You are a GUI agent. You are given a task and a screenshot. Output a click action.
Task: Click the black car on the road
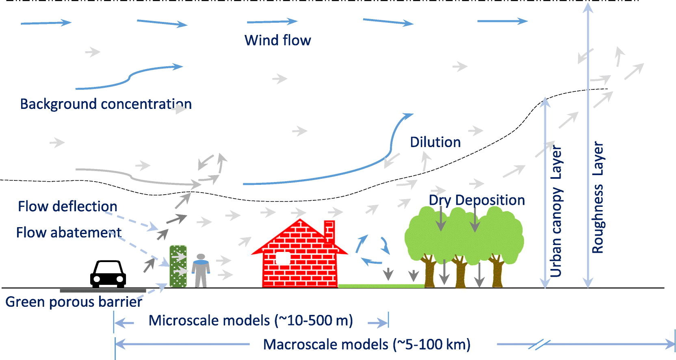(x=108, y=274)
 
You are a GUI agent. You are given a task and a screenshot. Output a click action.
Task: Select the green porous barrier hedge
(x=178, y=267)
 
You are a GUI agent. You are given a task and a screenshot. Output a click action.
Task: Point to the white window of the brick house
(x=283, y=258)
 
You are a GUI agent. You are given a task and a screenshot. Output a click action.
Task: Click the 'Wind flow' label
(x=277, y=40)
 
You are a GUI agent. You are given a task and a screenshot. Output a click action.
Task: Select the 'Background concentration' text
(x=106, y=104)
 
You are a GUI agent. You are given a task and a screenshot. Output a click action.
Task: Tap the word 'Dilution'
(x=435, y=142)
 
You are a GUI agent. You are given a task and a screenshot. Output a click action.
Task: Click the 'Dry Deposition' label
(x=477, y=200)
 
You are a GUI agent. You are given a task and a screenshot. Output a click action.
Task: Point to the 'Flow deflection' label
(x=67, y=206)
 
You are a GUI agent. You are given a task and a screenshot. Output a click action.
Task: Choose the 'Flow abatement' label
(x=69, y=232)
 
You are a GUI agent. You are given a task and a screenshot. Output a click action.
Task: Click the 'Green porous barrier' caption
(x=74, y=302)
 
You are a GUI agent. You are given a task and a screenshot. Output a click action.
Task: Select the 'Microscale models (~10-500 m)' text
(x=250, y=321)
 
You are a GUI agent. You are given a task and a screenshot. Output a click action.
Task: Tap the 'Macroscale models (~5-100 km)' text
(x=366, y=345)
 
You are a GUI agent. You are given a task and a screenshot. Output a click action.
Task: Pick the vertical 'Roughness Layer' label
(x=597, y=197)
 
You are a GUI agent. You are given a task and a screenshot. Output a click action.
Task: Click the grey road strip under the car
(x=102, y=291)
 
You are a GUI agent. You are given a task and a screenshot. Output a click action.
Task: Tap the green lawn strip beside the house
(x=381, y=286)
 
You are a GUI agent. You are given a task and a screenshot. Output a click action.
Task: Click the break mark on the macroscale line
(x=539, y=345)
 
